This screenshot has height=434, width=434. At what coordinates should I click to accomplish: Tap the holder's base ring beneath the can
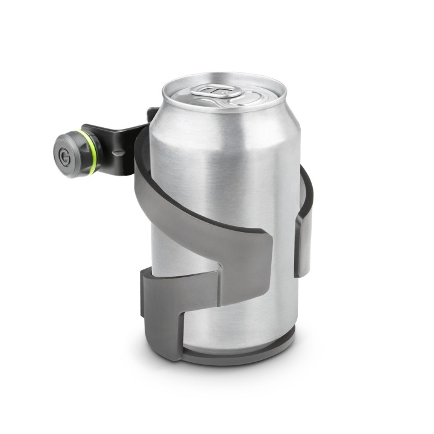pyautogui.click(x=241, y=357)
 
